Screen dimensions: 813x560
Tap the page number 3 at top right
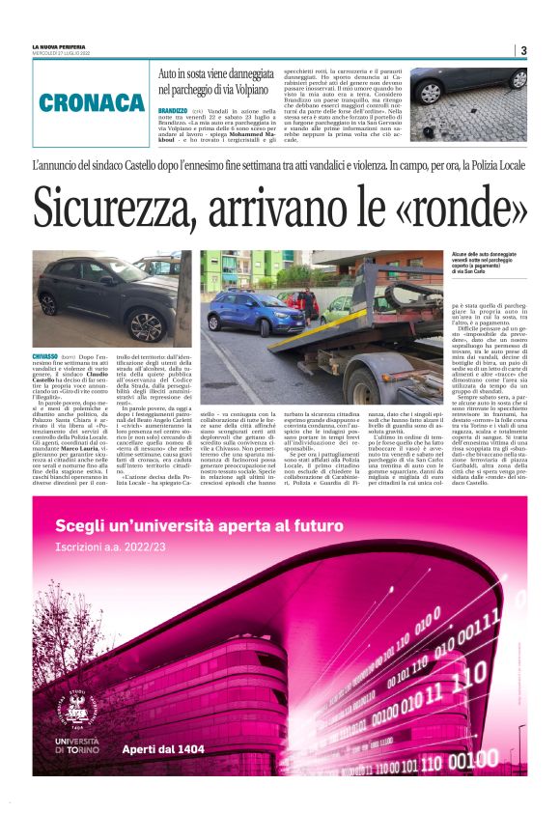tap(522, 50)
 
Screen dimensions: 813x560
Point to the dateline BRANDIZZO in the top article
tap(173, 111)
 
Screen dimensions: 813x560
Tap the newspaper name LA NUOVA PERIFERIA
tap(58, 46)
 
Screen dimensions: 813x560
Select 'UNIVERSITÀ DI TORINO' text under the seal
tap(80, 746)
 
